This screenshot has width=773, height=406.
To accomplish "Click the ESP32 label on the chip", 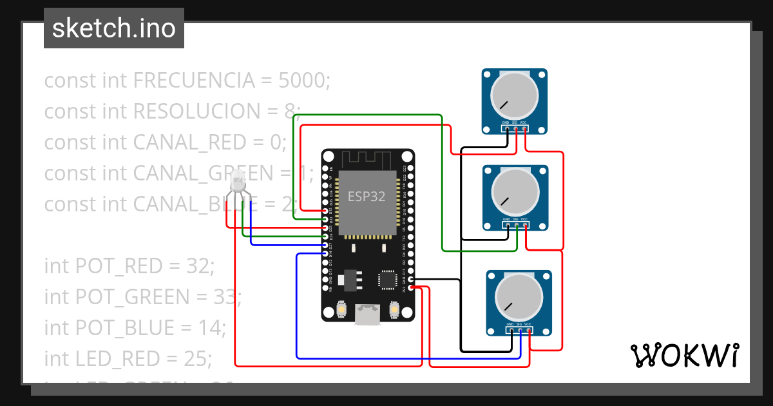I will [x=367, y=197].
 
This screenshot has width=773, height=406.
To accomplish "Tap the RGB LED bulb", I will [x=240, y=185].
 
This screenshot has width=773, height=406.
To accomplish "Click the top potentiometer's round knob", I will [x=514, y=95].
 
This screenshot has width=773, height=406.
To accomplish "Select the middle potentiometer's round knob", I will [x=515, y=191].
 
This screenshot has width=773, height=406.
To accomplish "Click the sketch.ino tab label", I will [x=113, y=28].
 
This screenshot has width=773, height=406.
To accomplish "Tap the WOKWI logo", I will [x=684, y=356].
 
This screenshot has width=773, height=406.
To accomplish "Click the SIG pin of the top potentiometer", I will [x=516, y=130].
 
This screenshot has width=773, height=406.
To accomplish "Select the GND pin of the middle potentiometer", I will [x=507, y=226].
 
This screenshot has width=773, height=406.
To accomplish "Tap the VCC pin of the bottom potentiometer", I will [x=529, y=331].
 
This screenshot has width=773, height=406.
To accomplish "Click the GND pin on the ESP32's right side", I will [x=411, y=280].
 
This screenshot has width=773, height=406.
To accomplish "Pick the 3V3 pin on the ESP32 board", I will [x=411, y=288].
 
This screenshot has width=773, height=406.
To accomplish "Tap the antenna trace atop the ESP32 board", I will [x=367, y=159].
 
